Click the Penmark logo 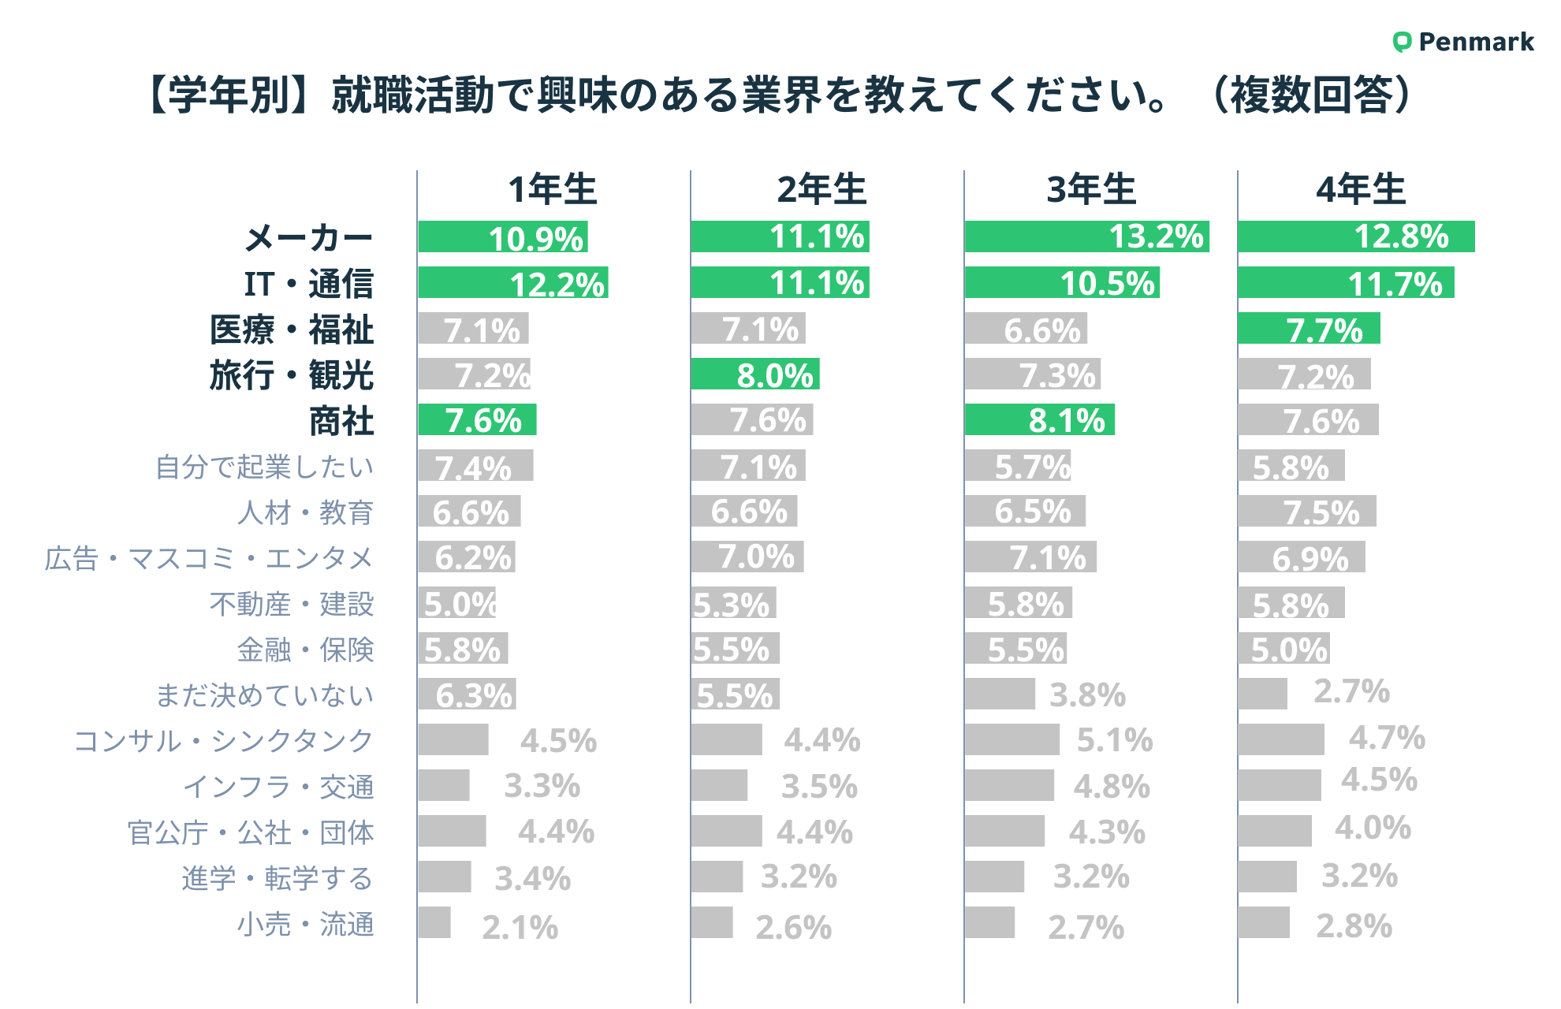[1463, 42]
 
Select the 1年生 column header [552, 190]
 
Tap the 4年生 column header [1361, 190]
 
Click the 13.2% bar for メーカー [1086, 236]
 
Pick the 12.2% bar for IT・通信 [512, 283]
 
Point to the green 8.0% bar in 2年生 [754, 374]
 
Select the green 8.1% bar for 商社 [1039, 420]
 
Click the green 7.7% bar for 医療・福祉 [1309, 329]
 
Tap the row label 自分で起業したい [264, 467]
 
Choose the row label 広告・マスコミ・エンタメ [208, 558]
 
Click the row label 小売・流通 [305, 924]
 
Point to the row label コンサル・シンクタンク [223, 741]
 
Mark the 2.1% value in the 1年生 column [520, 927]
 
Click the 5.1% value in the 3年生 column [1115, 740]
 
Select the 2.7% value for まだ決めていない [1351, 691]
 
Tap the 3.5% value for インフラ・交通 [819, 786]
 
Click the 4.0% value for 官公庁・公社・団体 [1373, 828]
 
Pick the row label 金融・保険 [305, 650]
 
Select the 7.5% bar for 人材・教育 [1306, 512]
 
